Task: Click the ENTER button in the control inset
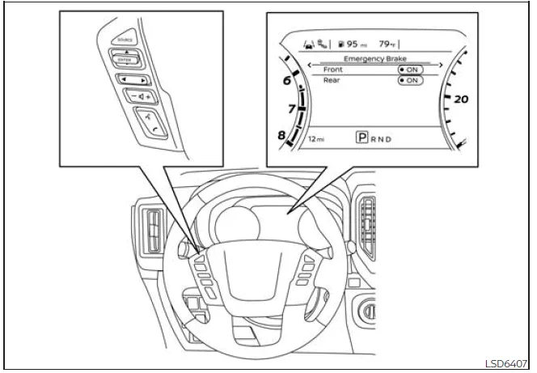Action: [125, 58]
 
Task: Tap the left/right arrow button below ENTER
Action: [129, 80]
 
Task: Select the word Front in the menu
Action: [332, 70]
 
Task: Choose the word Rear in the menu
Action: [331, 80]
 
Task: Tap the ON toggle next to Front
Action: [410, 70]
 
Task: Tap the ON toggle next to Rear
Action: [410, 81]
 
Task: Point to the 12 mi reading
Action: [317, 139]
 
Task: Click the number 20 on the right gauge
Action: [461, 100]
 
